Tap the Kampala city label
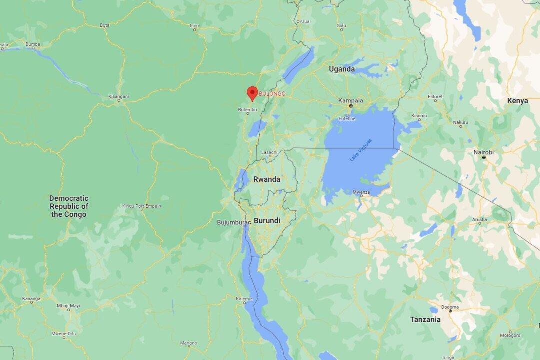(x=350, y=100)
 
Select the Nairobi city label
(x=483, y=152)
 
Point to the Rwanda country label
(x=266, y=179)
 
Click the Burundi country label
(x=267, y=220)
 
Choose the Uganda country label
(x=342, y=69)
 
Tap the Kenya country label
(x=517, y=101)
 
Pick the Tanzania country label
(x=425, y=319)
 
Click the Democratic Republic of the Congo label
(x=69, y=206)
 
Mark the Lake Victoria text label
(x=360, y=150)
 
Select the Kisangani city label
(x=118, y=96)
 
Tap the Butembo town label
(x=248, y=109)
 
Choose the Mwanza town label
(x=361, y=192)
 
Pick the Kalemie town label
(x=244, y=299)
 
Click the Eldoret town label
(x=435, y=96)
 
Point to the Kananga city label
(x=31, y=299)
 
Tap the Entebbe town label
(x=347, y=118)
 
